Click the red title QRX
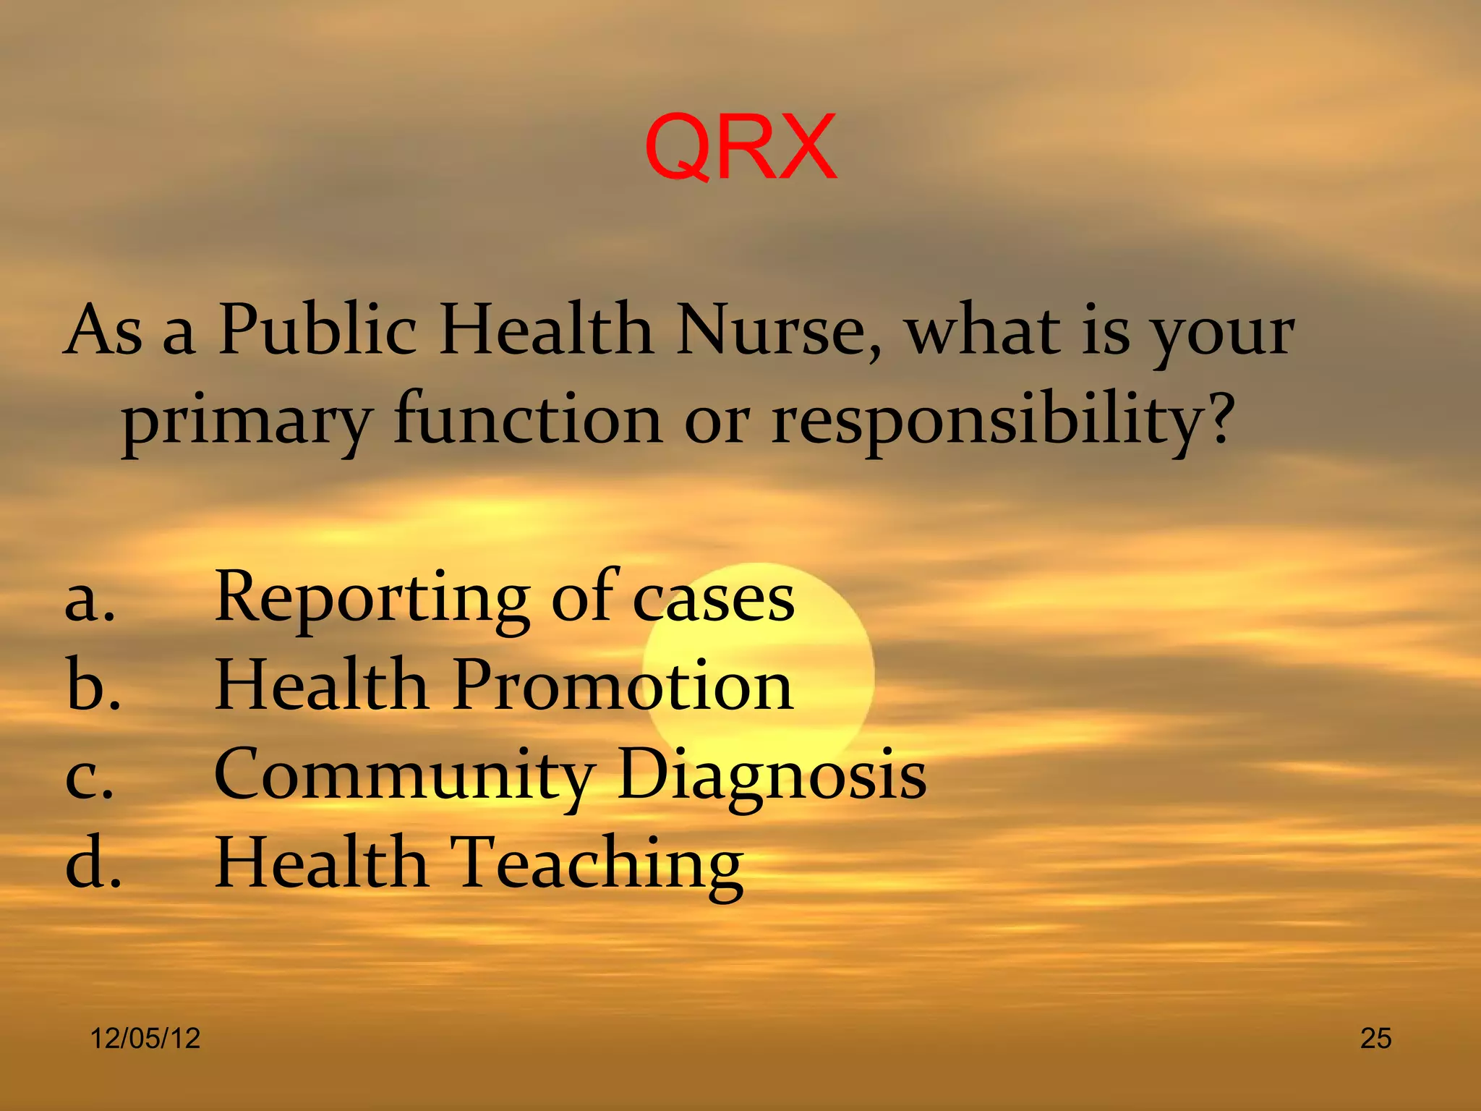tap(740, 148)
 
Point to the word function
tap(528, 420)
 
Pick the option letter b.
tap(93, 685)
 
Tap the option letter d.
tap(93, 862)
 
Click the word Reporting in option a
tap(372, 599)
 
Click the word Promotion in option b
tap(623, 685)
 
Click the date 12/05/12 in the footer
tap(145, 1039)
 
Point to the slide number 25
tap(1375, 1039)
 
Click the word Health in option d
tap(321, 862)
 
